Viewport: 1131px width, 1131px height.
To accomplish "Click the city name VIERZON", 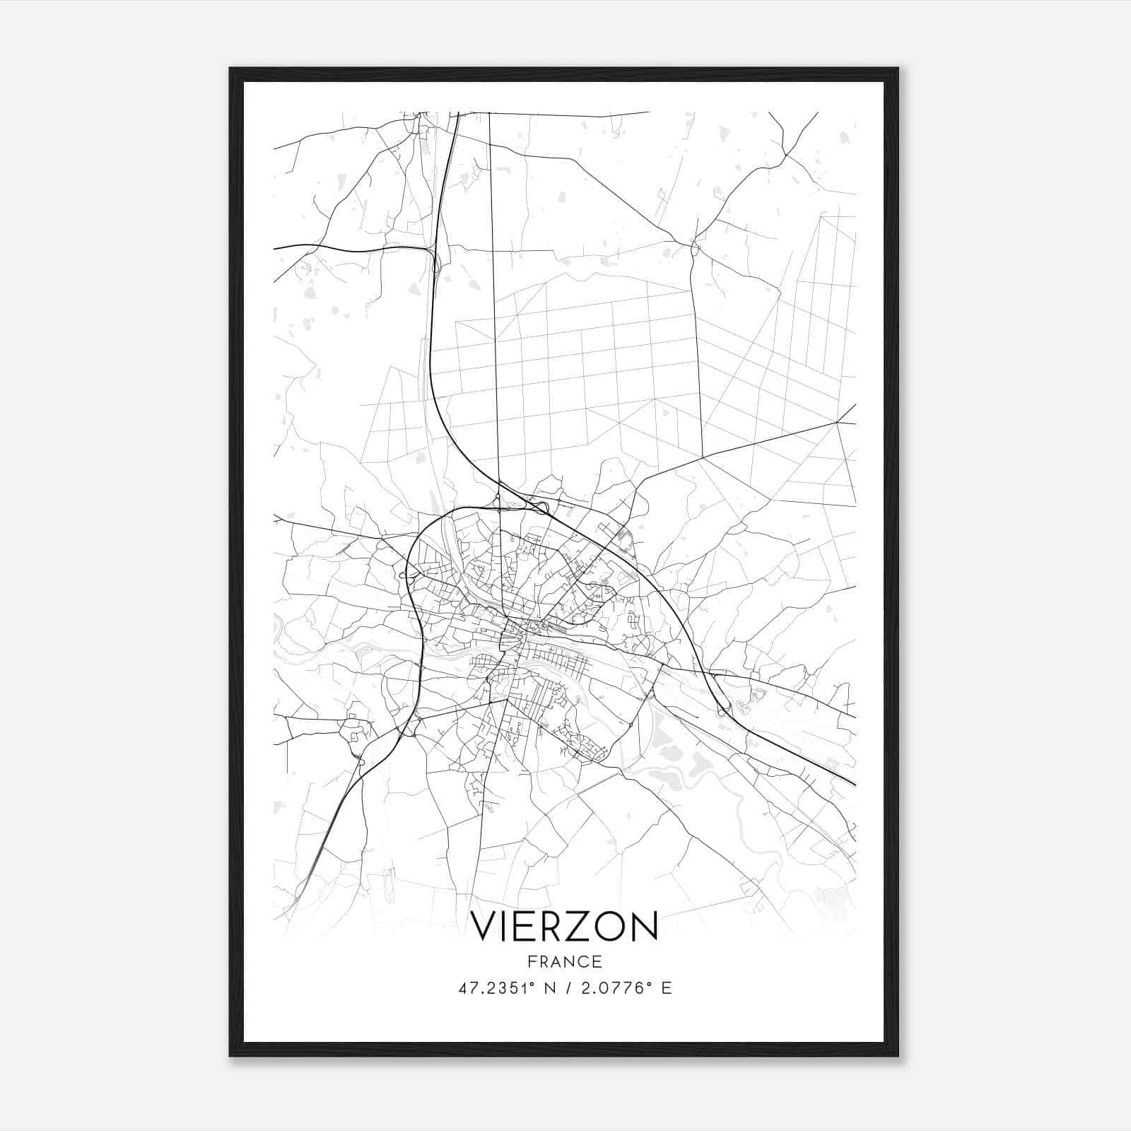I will [564, 927].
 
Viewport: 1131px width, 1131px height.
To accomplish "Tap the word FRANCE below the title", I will [564, 961].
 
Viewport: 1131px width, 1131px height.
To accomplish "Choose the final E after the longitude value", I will [667, 988].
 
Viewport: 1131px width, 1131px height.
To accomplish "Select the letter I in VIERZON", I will [506, 927].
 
